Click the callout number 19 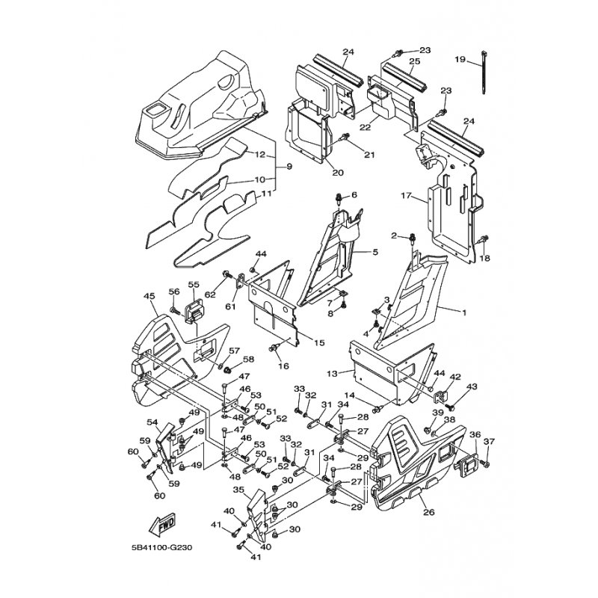[x=460, y=59]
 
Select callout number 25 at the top [x=414, y=61]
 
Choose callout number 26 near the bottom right [x=428, y=512]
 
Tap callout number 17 [x=407, y=196]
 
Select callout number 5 [x=375, y=253]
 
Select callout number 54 [x=152, y=422]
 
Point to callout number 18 [x=484, y=259]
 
